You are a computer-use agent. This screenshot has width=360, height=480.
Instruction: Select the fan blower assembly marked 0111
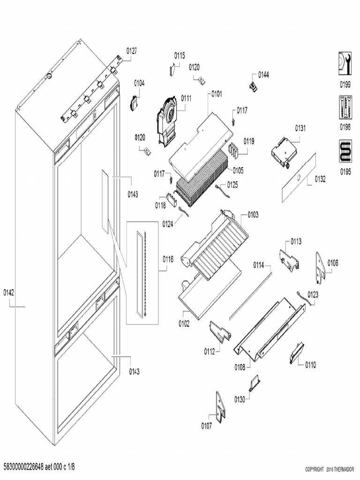pyautogui.click(x=167, y=115)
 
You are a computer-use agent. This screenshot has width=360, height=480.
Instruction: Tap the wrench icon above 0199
pyautogui.click(x=345, y=63)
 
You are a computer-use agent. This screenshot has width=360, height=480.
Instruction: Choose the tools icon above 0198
pyautogui.click(x=345, y=107)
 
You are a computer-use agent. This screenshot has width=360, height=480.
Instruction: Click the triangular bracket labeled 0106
pyautogui.click(x=320, y=267)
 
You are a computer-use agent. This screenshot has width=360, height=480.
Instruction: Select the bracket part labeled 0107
pyautogui.click(x=220, y=406)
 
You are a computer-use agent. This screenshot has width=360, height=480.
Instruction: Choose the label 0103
pyautogui.click(x=253, y=215)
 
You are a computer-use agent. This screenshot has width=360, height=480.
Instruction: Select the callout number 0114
pyautogui.click(x=259, y=265)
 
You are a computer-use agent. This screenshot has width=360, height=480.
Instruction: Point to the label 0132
pyautogui.click(x=320, y=179)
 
